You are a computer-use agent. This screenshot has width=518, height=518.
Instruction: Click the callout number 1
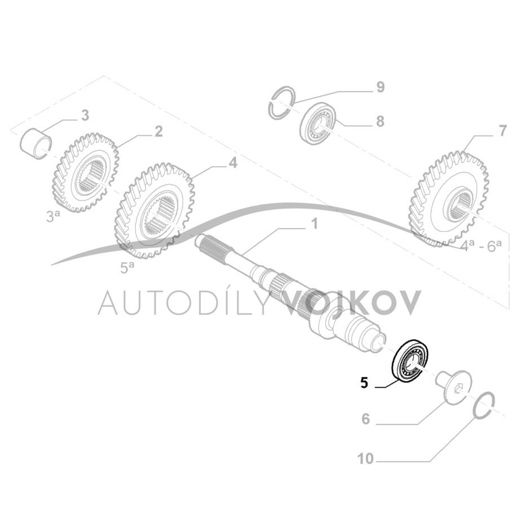point(314,224)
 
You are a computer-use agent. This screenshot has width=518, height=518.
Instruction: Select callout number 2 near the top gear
point(159,131)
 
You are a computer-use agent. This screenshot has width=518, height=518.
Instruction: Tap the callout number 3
point(85,116)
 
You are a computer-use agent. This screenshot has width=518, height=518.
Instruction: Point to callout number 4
point(232,163)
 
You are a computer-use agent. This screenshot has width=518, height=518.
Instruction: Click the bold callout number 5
point(365,383)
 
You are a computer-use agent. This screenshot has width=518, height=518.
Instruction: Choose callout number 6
point(365,419)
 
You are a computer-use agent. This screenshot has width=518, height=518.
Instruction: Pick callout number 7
point(502,131)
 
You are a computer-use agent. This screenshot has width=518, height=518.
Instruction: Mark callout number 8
point(380,120)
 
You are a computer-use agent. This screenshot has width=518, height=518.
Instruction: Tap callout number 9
point(380,87)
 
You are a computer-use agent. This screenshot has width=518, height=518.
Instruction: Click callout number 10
point(366,459)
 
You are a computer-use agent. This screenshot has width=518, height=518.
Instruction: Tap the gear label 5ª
point(126,267)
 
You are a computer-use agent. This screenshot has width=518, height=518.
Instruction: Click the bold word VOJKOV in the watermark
point(350,302)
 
